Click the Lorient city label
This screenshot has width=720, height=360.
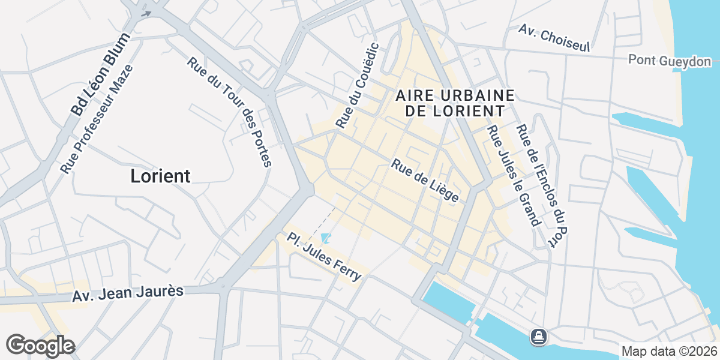click(160, 176)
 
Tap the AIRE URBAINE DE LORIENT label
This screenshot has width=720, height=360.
click(455, 103)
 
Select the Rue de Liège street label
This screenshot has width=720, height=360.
click(425, 181)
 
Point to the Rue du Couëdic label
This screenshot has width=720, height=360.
click(358, 85)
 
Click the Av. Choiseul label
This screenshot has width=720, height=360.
click(555, 38)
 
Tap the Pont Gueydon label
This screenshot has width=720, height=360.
click(670, 61)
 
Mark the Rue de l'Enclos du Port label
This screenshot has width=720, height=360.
click(542, 185)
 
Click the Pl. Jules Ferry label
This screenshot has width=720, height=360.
click(325, 256)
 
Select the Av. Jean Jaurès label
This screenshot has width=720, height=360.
click(128, 293)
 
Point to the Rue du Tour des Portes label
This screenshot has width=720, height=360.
click(230, 112)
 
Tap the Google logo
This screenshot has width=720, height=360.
click(40, 346)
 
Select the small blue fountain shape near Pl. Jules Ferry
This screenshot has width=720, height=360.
click(325, 238)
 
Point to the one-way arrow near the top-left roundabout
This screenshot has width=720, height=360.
click(146, 13)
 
